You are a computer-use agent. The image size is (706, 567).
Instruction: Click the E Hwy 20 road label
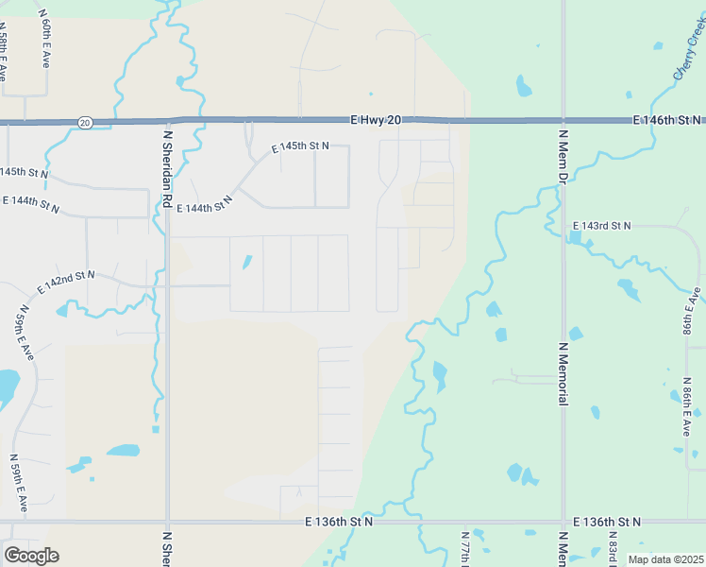(376, 119)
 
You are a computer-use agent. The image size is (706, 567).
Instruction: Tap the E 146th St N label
(666, 120)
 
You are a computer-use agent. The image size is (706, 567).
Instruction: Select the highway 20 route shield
(85, 123)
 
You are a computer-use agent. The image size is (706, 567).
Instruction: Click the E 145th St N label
(300, 147)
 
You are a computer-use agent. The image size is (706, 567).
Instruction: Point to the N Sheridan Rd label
(166, 169)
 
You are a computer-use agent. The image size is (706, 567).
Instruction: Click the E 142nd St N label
(66, 281)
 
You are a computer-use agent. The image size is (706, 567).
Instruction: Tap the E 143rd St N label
(602, 226)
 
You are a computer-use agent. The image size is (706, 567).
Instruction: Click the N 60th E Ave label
(44, 39)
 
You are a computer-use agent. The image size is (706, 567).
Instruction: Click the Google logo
(31, 556)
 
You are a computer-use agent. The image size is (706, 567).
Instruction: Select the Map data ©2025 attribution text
(664, 559)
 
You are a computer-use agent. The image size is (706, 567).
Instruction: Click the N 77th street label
(465, 548)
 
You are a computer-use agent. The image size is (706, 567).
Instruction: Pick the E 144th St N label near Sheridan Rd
(197, 205)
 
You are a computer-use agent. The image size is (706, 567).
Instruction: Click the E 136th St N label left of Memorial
(339, 522)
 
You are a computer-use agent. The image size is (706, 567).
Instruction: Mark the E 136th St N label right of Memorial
(607, 522)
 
